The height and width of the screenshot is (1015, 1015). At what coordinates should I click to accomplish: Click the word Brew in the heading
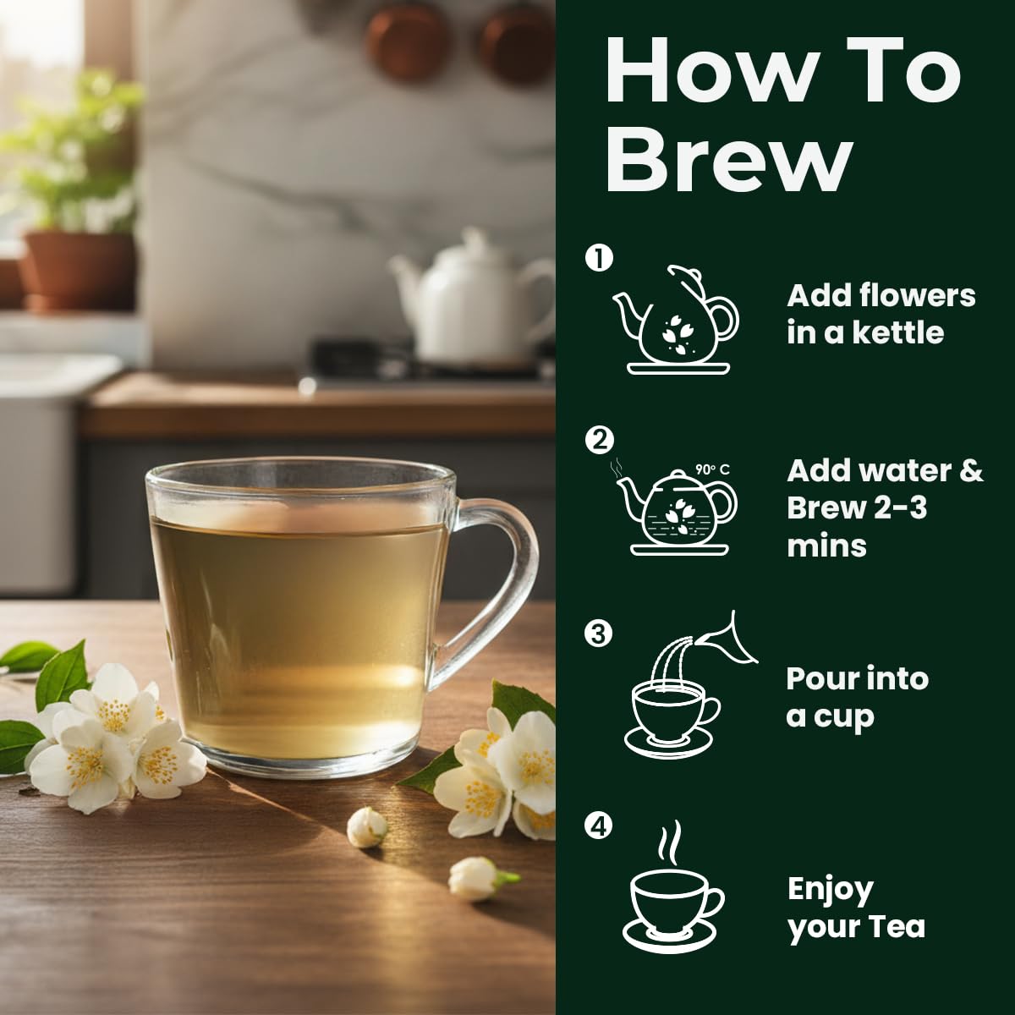[x=729, y=158]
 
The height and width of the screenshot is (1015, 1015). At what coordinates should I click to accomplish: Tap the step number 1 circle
[x=599, y=258]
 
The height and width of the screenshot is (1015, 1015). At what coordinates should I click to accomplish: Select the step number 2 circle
[x=599, y=441]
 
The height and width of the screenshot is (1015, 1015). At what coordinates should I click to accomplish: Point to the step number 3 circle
[x=598, y=634]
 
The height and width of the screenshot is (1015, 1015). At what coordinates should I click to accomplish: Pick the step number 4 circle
[x=598, y=826]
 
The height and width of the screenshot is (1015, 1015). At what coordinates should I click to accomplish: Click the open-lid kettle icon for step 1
[x=676, y=320]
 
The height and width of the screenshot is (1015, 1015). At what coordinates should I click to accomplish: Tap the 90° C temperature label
[x=712, y=469]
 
